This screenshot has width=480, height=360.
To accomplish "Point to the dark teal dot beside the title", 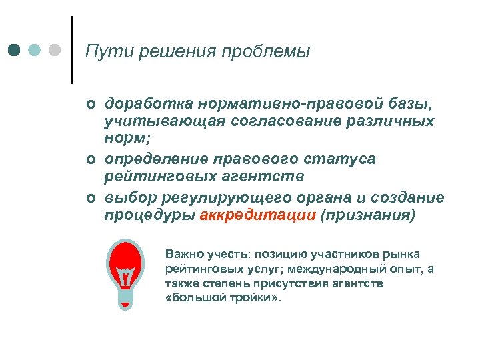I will point(14,50).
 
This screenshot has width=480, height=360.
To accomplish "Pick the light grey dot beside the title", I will point(55,50).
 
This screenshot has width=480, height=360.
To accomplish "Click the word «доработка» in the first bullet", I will point(146,103).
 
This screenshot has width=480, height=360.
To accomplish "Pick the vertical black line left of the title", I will point(72,50).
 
